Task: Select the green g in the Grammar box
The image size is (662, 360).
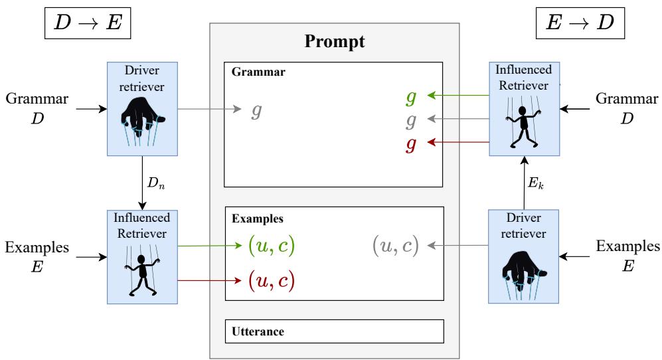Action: pyautogui.click(x=412, y=96)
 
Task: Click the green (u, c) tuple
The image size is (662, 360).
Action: pyautogui.click(x=270, y=246)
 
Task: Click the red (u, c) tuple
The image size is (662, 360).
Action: pyautogui.click(x=270, y=280)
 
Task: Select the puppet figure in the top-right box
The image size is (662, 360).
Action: pyautogui.click(x=523, y=120)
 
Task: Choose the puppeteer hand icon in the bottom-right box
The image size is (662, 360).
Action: pyautogui.click(x=523, y=272)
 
